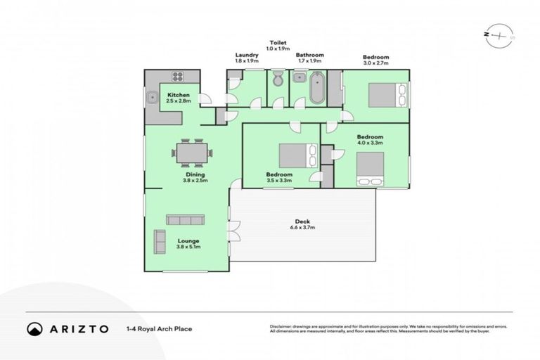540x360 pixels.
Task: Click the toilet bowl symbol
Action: pos(278,80)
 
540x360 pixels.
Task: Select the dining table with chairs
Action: pos(192,152)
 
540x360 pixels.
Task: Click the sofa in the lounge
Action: pos(185,220)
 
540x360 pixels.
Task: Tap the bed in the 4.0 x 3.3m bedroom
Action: pos(370,169)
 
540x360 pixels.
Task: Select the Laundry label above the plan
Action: pos(247,55)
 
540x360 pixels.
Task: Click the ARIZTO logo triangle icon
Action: pos(34,328)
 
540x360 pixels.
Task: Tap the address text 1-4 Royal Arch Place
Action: pos(158,328)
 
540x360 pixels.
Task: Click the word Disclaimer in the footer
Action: pos(281,326)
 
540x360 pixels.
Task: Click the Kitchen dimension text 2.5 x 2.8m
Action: pos(178,101)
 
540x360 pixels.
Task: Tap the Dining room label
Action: pos(195,174)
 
